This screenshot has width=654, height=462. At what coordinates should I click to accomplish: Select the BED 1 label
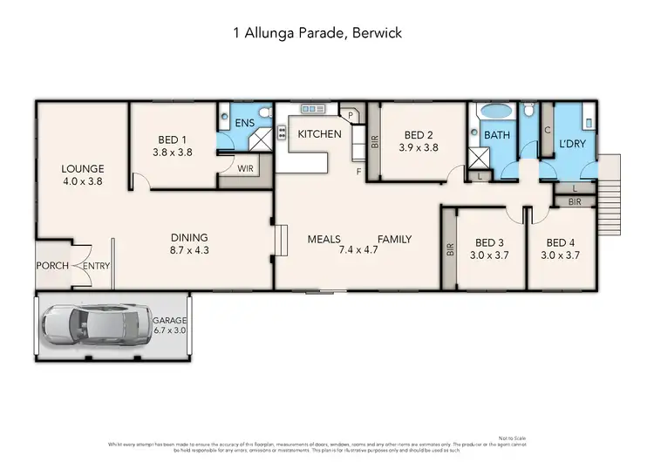click(173, 139)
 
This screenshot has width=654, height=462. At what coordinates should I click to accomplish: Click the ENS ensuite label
click(245, 124)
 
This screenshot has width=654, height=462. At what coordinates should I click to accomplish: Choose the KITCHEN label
click(319, 134)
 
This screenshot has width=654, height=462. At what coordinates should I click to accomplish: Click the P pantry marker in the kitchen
click(351, 114)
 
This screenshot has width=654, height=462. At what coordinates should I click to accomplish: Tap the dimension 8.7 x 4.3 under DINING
click(188, 250)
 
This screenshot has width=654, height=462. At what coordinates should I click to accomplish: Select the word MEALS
click(323, 239)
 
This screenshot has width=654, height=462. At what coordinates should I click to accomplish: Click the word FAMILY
click(394, 239)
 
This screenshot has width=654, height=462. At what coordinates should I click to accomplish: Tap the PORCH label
click(52, 265)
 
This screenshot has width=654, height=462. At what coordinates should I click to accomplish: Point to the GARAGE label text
click(172, 320)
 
